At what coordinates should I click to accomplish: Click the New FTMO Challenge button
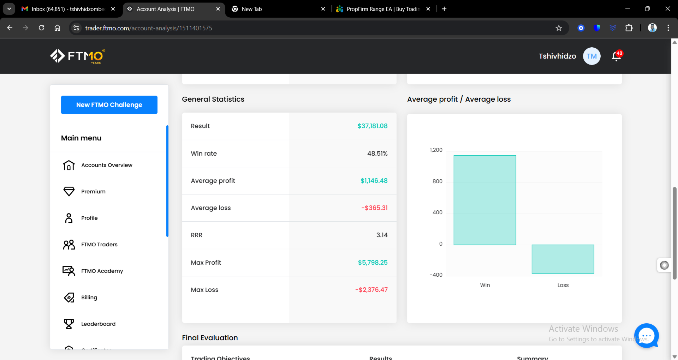click(x=109, y=105)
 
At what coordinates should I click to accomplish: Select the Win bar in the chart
click(x=485, y=200)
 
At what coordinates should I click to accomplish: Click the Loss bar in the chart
click(x=563, y=259)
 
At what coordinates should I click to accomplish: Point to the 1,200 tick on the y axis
click(x=436, y=150)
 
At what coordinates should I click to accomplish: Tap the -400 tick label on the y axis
click(x=436, y=275)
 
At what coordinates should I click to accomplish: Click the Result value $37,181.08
click(x=372, y=126)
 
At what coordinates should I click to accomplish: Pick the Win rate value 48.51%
click(x=377, y=154)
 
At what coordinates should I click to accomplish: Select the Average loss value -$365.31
click(x=374, y=208)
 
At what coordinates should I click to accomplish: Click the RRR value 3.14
click(x=382, y=235)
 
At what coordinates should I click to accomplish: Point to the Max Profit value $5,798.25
click(x=373, y=263)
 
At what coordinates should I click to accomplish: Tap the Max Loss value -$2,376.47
click(x=371, y=290)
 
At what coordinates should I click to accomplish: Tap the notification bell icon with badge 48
click(x=617, y=56)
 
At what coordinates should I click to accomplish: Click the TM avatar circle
click(x=591, y=56)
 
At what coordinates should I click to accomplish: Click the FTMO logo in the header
click(x=78, y=56)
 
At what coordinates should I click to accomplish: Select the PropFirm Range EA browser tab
click(x=383, y=9)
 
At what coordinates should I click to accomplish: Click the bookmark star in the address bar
click(x=559, y=28)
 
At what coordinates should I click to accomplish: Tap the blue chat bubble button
click(x=647, y=336)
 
